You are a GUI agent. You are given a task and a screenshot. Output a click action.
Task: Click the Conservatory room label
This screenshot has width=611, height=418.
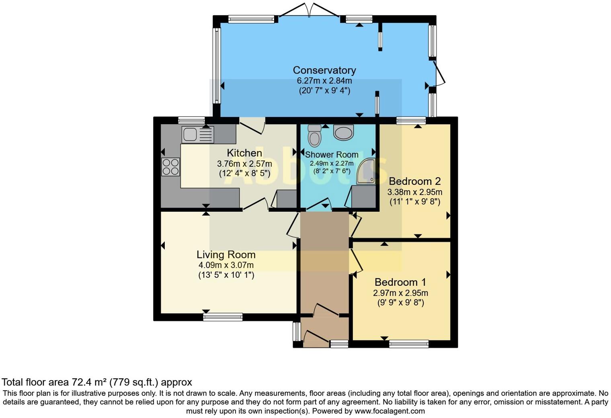click(324, 70)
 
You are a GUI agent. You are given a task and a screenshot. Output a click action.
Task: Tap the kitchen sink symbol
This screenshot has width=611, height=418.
click(197, 135)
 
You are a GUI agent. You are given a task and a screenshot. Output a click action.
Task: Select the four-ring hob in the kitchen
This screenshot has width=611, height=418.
click(170, 167)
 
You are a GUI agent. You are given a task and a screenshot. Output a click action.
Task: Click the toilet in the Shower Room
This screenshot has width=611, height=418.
click(314, 135)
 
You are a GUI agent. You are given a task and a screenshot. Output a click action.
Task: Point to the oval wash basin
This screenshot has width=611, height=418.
click(343, 133)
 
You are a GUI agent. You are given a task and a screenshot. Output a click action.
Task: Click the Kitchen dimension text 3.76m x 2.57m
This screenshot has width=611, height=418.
click(244, 164)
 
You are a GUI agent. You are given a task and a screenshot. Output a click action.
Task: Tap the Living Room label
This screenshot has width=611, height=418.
click(226, 255)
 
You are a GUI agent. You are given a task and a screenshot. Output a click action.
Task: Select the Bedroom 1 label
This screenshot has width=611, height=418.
click(400, 282)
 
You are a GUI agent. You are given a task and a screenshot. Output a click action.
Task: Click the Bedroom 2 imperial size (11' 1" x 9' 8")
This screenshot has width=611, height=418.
click(415, 202)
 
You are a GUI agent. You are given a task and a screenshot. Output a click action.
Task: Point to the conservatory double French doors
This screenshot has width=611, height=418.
click(309, 11)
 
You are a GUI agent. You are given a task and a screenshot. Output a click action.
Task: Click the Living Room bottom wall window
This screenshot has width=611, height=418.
click(223, 317)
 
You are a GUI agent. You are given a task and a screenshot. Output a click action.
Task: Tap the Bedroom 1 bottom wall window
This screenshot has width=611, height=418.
click(409, 344)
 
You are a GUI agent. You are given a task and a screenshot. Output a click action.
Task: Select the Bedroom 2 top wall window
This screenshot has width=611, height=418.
click(411, 121)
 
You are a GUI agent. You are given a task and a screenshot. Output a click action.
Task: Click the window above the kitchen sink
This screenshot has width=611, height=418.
click(191, 120)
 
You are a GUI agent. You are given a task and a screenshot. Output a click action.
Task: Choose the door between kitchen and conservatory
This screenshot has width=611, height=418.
click(252, 126)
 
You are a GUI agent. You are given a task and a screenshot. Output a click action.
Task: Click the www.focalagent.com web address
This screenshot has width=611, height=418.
click(389, 411)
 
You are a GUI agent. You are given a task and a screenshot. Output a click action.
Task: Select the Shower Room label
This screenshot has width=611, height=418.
click(332, 155)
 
